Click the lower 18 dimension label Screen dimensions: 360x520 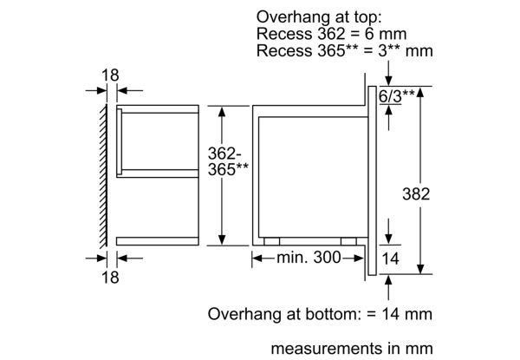tap(108, 278)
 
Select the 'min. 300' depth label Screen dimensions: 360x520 tap(309, 258)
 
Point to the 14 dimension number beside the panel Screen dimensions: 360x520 tap(391, 258)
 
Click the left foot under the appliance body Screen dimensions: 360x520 tap(275, 241)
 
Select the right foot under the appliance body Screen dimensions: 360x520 tap(349, 241)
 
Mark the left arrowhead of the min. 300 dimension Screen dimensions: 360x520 tap(257, 258)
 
